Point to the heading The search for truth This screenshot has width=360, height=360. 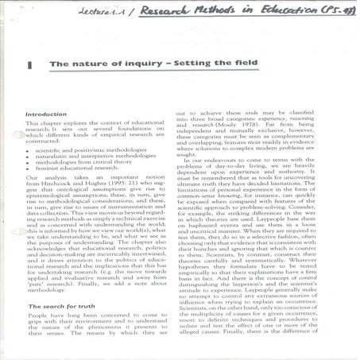[62, 306]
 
